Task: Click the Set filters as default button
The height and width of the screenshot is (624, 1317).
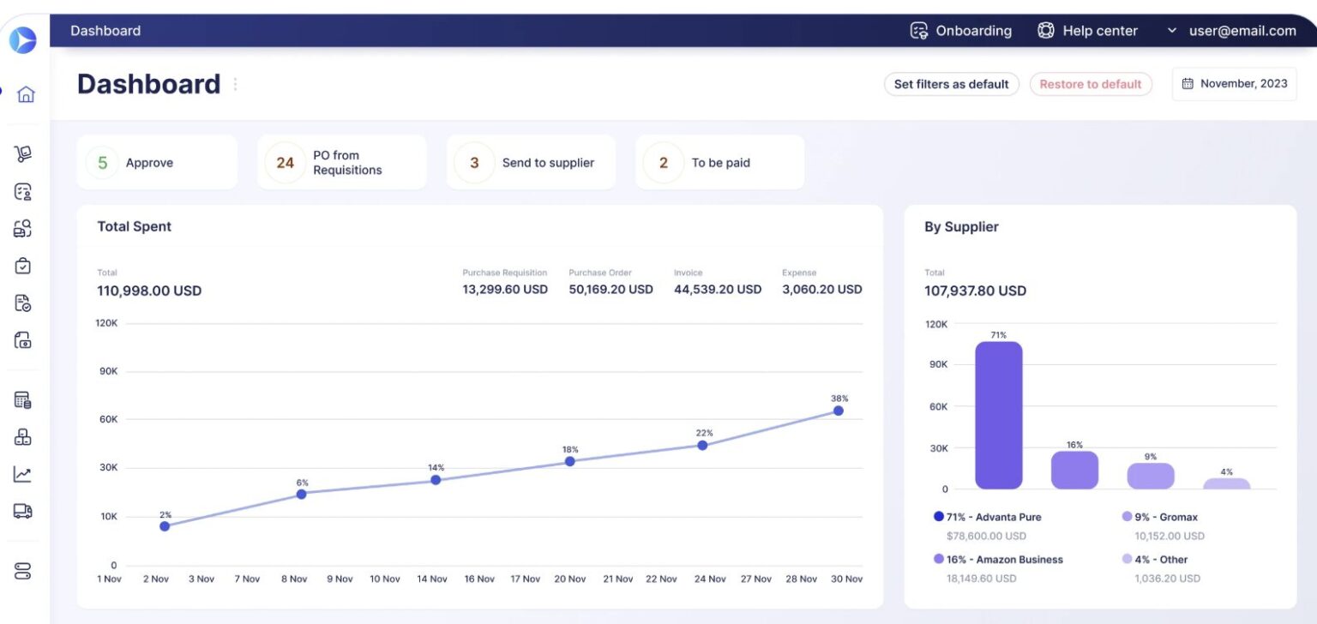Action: (951, 84)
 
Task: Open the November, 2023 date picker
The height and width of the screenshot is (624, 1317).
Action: (1234, 84)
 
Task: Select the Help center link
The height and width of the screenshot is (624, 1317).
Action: (1087, 31)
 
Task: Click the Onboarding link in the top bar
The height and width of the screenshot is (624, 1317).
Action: (960, 31)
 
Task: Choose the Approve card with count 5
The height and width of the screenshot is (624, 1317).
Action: (156, 163)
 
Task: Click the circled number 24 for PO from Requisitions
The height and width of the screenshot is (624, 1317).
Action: (285, 163)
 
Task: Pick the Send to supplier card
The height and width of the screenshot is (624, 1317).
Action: (530, 163)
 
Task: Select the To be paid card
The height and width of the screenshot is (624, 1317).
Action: (719, 163)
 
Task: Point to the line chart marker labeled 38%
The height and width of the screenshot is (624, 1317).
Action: (838, 411)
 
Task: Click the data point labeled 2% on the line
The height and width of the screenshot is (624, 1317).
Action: (165, 526)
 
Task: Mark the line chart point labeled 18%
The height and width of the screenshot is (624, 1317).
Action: (569, 461)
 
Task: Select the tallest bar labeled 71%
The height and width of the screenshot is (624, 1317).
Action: (999, 416)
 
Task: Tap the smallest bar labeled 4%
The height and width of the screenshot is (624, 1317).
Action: (1226, 483)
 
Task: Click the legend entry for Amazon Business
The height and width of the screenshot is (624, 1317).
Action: (1003, 560)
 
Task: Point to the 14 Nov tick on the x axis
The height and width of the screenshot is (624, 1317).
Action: (432, 579)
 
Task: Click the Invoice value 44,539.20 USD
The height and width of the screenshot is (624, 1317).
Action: (717, 290)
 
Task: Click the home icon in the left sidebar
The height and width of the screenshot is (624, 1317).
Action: (26, 94)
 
